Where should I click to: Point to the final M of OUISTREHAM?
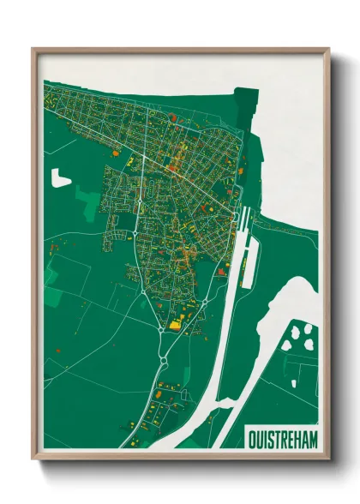pyautogui.click(x=313, y=439)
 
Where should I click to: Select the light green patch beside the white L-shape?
pyautogui.click(x=86, y=198)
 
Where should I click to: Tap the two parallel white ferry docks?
pyautogui.click(x=243, y=221)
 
